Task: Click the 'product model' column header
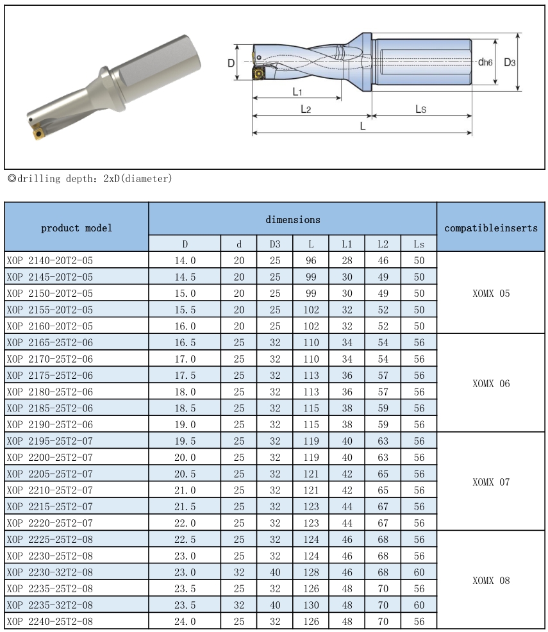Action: tap(76, 228)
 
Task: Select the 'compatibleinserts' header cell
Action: tap(491, 228)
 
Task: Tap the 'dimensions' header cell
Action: tap(293, 220)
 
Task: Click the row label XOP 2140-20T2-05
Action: tap(50, 260)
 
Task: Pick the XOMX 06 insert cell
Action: tap(491, 383)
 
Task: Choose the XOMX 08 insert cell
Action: tap(491, 581)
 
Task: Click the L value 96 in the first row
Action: tap(311, 260)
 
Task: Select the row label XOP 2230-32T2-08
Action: tap(50, 572)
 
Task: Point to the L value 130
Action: tap(311, 605)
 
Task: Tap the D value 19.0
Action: tap(185, 424)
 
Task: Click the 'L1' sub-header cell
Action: tap(347, 244)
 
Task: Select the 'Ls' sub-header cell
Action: tap(419, 244)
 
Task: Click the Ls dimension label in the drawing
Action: tap(420, 110)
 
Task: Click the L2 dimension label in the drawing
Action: tap(306, 110)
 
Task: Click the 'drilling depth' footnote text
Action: tap(89, 179)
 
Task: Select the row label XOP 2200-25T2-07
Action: tap(50, 457)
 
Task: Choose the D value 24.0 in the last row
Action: tap(185, 622)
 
